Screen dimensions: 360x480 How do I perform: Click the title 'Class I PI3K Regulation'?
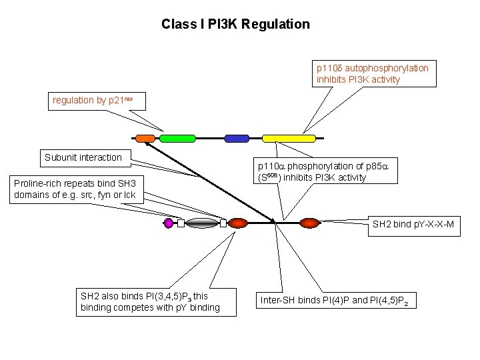click(235, 25)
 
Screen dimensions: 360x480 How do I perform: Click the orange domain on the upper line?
click(145, 139)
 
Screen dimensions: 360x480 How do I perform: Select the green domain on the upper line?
click(176, 139)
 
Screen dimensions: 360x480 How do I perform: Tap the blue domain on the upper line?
click(236, 139)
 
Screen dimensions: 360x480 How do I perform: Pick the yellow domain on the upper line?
click(287, 139)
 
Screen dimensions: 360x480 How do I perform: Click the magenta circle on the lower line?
click(168, 223)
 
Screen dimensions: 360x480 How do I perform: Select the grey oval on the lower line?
click(201, 223)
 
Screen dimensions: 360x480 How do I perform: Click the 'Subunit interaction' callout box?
click(83, 158)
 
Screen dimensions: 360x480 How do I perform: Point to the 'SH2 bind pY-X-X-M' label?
click(413, 225)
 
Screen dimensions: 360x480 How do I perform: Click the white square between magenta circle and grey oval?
click(181, 223)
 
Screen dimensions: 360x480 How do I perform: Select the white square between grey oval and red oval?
click(223, 223)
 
